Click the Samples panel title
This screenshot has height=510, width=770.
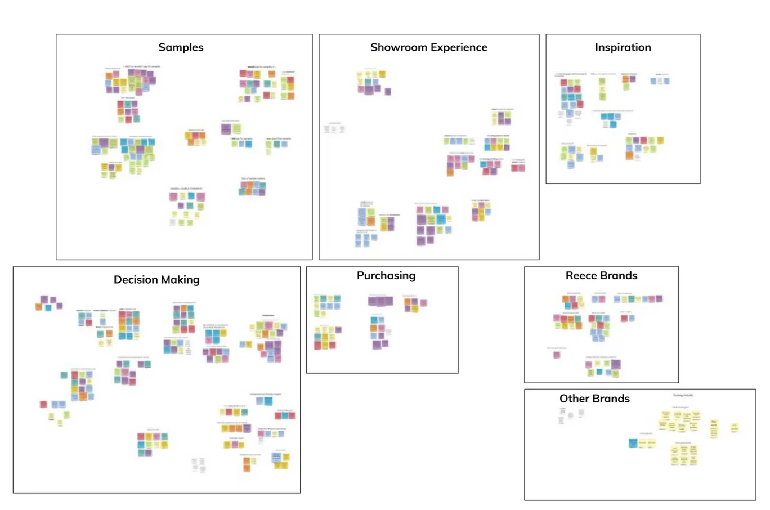[181, 48]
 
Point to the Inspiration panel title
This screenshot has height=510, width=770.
[623, 48]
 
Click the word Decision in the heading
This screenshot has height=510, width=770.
[136, 280]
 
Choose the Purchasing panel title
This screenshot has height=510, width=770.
[386, 276]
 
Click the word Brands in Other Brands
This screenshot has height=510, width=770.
[611, 399]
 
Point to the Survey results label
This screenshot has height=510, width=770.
[683, 395]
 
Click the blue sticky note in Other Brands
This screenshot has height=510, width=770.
[633, 443]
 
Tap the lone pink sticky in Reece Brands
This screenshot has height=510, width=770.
[557, 355]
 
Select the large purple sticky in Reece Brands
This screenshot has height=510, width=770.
[616, 365]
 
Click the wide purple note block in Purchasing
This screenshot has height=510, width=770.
[380, 301]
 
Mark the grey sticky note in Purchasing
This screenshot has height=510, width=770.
[389, 332]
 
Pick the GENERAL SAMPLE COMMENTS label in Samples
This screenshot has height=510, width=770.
[186, 189]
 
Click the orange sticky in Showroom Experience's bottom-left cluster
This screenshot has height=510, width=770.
[371, 222]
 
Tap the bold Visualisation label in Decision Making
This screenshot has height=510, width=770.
[268, 316]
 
